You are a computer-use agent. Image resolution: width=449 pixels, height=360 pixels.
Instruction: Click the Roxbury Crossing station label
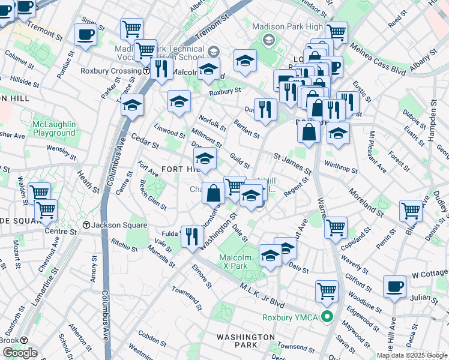click(111, 71)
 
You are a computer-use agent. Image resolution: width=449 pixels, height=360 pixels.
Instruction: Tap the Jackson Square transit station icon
click(86, 226)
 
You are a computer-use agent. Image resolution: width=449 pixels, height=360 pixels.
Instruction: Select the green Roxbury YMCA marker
click(327, 316)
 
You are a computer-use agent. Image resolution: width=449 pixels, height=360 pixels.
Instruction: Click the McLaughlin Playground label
click(54, 128)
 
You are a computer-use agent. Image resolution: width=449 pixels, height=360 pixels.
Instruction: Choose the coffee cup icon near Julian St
click(394, 287)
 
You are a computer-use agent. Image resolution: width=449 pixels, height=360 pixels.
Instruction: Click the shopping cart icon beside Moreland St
click(411, 211)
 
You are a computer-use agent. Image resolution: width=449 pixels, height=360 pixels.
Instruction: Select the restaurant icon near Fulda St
click(192, 236)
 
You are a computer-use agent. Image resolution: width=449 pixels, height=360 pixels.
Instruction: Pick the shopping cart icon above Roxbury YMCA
click(327, 290)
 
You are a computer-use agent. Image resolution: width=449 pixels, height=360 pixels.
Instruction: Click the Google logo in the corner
click(20, 352)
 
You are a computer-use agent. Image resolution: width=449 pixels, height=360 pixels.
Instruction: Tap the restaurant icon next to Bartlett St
click(265, 109)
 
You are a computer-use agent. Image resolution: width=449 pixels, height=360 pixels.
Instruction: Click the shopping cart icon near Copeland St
click(336, 227)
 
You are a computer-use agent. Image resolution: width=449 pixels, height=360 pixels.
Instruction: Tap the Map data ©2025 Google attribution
click(412, 355)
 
